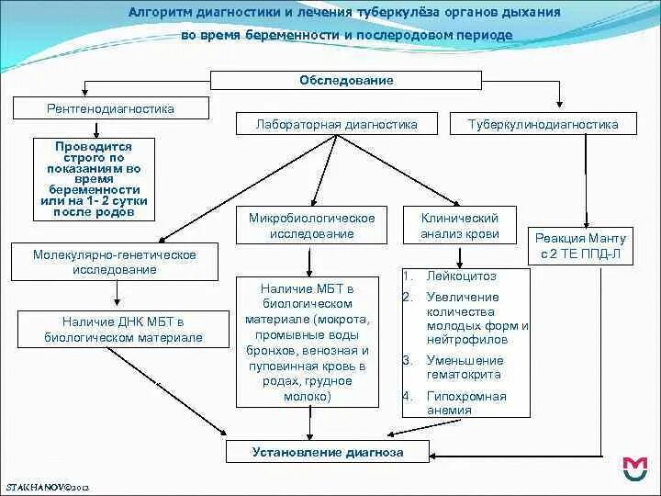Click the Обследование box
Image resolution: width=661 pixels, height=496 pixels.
(x=346, y=81)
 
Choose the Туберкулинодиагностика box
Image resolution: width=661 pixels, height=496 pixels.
(x=543, y=124)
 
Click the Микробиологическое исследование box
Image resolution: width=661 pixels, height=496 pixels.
(x=312, y=226)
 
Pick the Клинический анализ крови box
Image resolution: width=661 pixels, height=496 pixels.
(x=459, y=226)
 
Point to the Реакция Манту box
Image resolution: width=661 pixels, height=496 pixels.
(x=578, y=246)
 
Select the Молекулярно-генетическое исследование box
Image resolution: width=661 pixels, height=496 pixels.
(x=114, y=262)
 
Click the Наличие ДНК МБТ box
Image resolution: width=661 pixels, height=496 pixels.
(x=124, y=330)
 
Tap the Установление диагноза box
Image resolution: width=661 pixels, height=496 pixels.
(x=328, y=452)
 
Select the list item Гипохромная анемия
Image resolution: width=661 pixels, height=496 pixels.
(x=465, y=403)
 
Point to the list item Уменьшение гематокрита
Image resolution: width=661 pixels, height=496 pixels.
(x=465, y=366)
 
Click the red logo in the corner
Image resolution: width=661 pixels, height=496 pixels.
(x=634, y=468)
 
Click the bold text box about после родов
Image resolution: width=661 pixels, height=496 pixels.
(x=94, y=179)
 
